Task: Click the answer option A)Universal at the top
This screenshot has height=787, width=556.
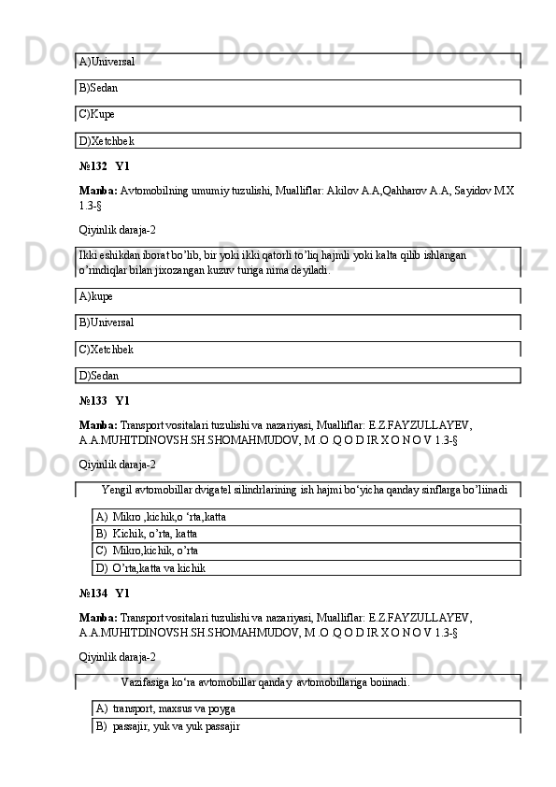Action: pyautogui.click(x=107, y=62)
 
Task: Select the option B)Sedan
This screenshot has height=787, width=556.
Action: pyautogui.click(x=99, y=88)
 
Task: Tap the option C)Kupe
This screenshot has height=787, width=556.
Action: pyautogui.click(x=97, y=114)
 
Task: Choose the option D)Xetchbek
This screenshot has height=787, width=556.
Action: pyautogui.click(x=107, y=141)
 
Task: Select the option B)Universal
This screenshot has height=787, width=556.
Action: pyautogui.click(x=107, y=322)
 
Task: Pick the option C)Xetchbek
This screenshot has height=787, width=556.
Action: pyautogui.click(x=107, y=350)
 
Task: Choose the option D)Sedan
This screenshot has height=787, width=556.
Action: pyautogui.click(x=99, y=376)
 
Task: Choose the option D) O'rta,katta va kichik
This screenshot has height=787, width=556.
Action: pyautogui.click(x=159, y=567)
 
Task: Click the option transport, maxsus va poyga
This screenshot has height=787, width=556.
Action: pyautogui.click(x=174, y=709)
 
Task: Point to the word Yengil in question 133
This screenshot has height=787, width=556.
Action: pyautogui.click(x=115, y=489)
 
